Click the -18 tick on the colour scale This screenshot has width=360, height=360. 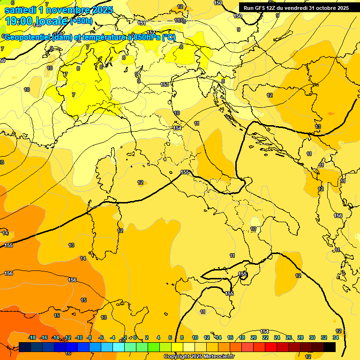(x=32, y=337)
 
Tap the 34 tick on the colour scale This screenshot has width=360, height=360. (x=336, y=337)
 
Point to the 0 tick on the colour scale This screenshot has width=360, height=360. (x=135, y=337)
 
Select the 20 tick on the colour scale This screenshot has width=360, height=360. (x=254, y=337)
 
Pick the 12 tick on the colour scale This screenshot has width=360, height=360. (x=207, y=337)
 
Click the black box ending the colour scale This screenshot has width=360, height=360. (x=330, y=347)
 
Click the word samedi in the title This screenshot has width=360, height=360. (x=21, y=10)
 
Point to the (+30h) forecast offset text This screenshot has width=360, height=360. (x=81, y=21)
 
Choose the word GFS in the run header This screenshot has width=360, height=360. (x=261, y=8)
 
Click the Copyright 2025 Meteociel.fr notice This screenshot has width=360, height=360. (x=199, y=356)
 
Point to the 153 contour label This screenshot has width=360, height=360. (x=165, y=84)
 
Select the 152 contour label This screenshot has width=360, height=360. (x=151, y=32)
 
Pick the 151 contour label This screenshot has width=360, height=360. (x=142, y=23)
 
